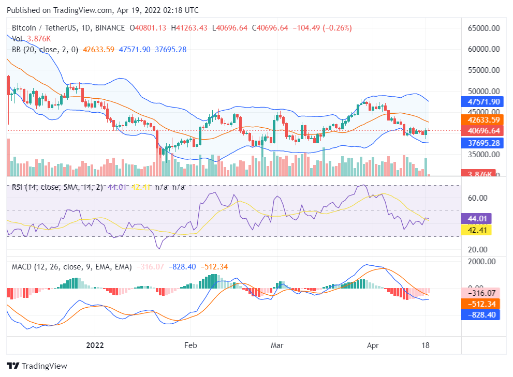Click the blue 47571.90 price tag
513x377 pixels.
pos(481,102)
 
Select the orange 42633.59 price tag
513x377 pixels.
pos(481,120)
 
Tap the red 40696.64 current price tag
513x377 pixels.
pos(481,131)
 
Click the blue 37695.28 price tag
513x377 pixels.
pos(481,143)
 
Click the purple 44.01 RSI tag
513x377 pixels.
pos(475,218)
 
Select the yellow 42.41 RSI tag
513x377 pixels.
pos(475,230)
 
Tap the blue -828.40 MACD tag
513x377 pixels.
pos(481,314)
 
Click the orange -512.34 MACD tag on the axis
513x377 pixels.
pos(481,304)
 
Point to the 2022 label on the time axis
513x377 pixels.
pos(95,345)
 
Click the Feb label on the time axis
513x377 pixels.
pos(191,345)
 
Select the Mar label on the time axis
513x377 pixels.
pos(277,345)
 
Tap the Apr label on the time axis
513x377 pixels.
pos(373,345)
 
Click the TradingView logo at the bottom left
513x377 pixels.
pos(37,366)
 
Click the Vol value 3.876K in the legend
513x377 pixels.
pos(39,39)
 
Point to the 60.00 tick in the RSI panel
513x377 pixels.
pos(478,198)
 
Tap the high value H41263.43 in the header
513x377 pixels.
pos(189,28)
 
